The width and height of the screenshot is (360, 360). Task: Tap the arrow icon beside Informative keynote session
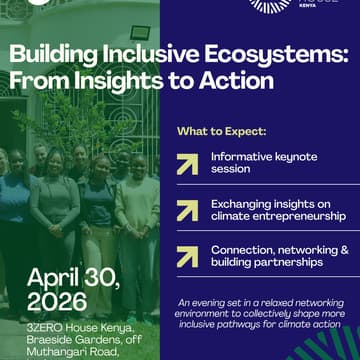(x=187, y=164)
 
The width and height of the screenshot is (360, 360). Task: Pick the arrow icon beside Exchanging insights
(x=187, y=209)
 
